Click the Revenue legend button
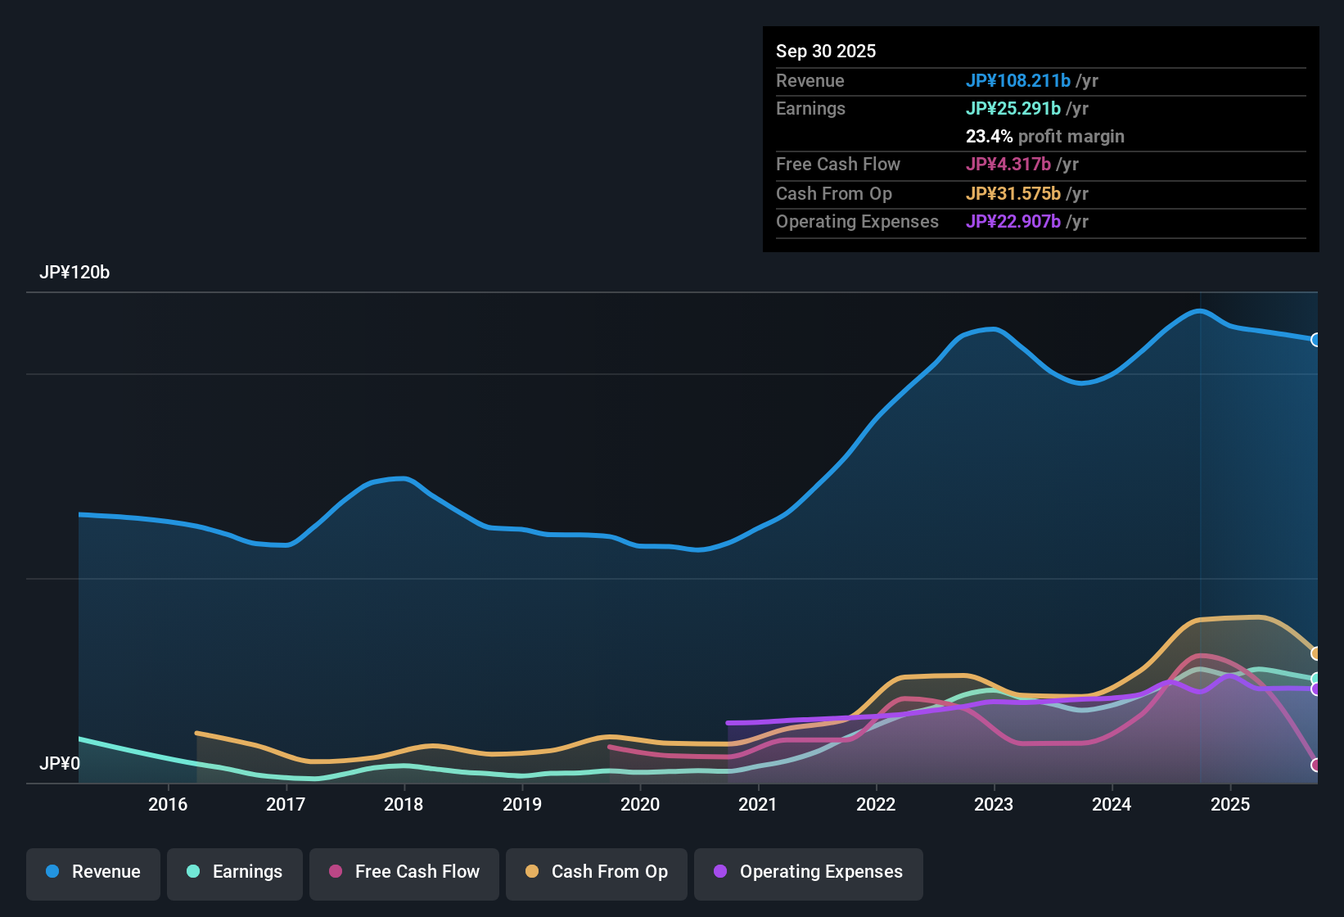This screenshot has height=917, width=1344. click(93, 873)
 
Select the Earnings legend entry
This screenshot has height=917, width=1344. click(235, 873)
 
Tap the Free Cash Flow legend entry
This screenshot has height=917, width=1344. click(404, 873)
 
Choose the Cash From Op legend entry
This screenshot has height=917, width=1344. click(597, 873)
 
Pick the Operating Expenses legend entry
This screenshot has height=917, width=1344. click(809, 873)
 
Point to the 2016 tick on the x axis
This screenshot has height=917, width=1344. click(168, 805)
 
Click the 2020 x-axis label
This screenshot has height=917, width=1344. click(640, 805)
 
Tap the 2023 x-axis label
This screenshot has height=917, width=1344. click(994, 805)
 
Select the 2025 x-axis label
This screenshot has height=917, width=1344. click(1230, 805)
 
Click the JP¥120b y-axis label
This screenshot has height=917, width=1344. click(74, 273)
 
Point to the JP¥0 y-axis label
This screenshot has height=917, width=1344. click(60, 764)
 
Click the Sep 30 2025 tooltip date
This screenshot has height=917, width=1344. click(826, 52)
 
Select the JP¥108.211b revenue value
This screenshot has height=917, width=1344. click(1018, 81)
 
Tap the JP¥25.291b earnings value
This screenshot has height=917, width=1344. click(1013, 109)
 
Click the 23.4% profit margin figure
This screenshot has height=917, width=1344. click(989, 137)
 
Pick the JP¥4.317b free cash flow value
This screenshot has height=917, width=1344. click(1008, 165)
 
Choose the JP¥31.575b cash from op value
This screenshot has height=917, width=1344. click(1013, 194)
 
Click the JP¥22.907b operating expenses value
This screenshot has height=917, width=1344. click(1013, 222)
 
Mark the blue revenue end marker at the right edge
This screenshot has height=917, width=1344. click(1316, 340)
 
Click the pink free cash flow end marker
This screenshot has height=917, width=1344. click(1316, 765)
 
